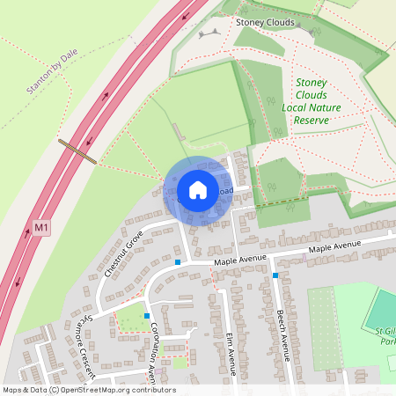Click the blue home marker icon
[198, 189]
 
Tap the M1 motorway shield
[41, 228]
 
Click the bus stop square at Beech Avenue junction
[275, 275]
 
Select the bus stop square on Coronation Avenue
[147, 315]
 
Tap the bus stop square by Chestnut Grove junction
[178, 262]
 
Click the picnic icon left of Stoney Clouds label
[209, 33]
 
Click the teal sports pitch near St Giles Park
[383, 308]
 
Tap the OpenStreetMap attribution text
[88, 390]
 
